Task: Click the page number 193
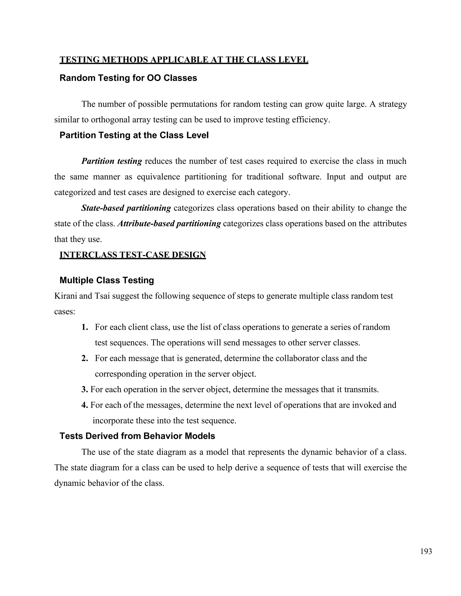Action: click(x=426, y=551)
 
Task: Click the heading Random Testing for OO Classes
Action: click(x=128, y=78)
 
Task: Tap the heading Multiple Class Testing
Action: click(x=106, y=280)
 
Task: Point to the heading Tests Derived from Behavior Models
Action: click(x=137, y=436)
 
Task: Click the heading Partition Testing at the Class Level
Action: click(x=134, y=135)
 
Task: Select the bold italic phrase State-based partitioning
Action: click(x=126, y=208)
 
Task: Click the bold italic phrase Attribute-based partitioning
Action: click(x=169, y=224)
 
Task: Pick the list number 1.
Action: click(x=84, y=327)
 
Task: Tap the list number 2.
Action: click(x=84, y=358)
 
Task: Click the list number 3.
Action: click(x=84, y=389)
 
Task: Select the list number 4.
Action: click(x=84, y=405)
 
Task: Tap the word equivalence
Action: click(x=158, y=177)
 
